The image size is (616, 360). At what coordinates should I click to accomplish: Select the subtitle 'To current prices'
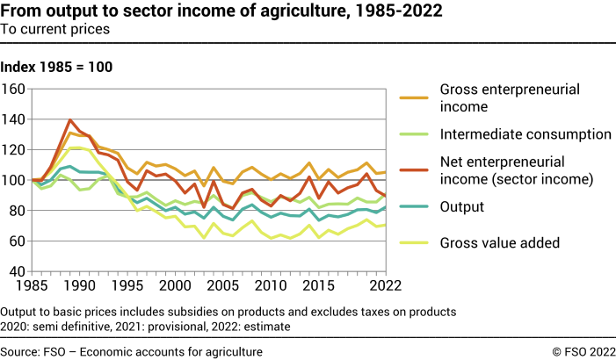54,29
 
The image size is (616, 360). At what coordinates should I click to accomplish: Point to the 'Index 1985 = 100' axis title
56,68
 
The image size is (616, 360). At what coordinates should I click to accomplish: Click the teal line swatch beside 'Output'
416,206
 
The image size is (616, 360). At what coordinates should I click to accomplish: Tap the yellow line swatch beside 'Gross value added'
416,241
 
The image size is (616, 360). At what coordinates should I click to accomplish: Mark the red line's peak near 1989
70,120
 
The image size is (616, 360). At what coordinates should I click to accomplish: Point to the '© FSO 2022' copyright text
581,351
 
